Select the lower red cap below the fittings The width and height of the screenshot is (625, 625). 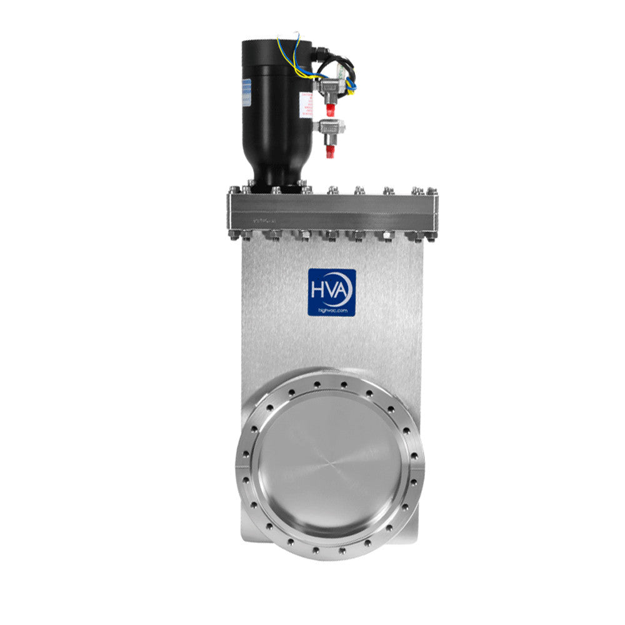329,151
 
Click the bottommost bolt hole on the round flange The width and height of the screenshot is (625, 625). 329,552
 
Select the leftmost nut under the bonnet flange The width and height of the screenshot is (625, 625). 234,236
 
